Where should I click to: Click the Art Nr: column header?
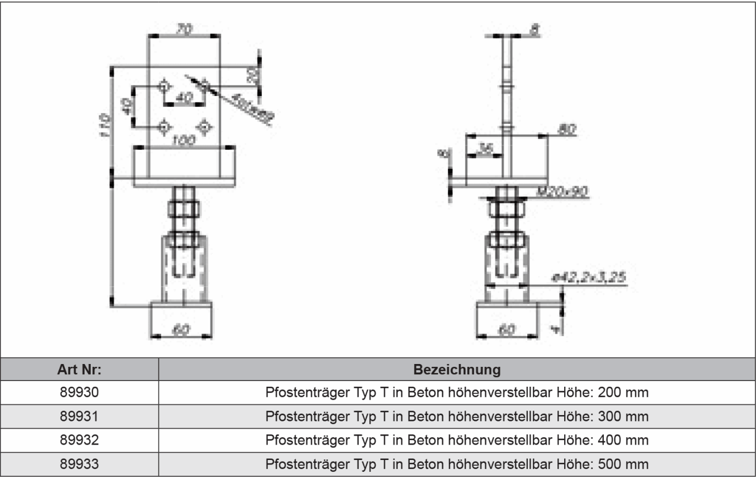(x=79, y=370)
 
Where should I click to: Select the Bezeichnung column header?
(x=457, y=370)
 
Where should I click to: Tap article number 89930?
(x=79, y=392)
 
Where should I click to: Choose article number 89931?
(x=79, y=416)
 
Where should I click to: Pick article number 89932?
(x=79, y=440)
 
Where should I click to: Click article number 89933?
(x=79, y=463)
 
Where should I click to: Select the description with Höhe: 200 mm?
(x=457, y=392)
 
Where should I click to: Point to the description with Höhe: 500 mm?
(x=457, y=463)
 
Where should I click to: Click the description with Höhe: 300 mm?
(x=457, y=416)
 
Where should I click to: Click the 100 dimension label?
(x=183, y=139)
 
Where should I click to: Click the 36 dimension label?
(x=484, y=149)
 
